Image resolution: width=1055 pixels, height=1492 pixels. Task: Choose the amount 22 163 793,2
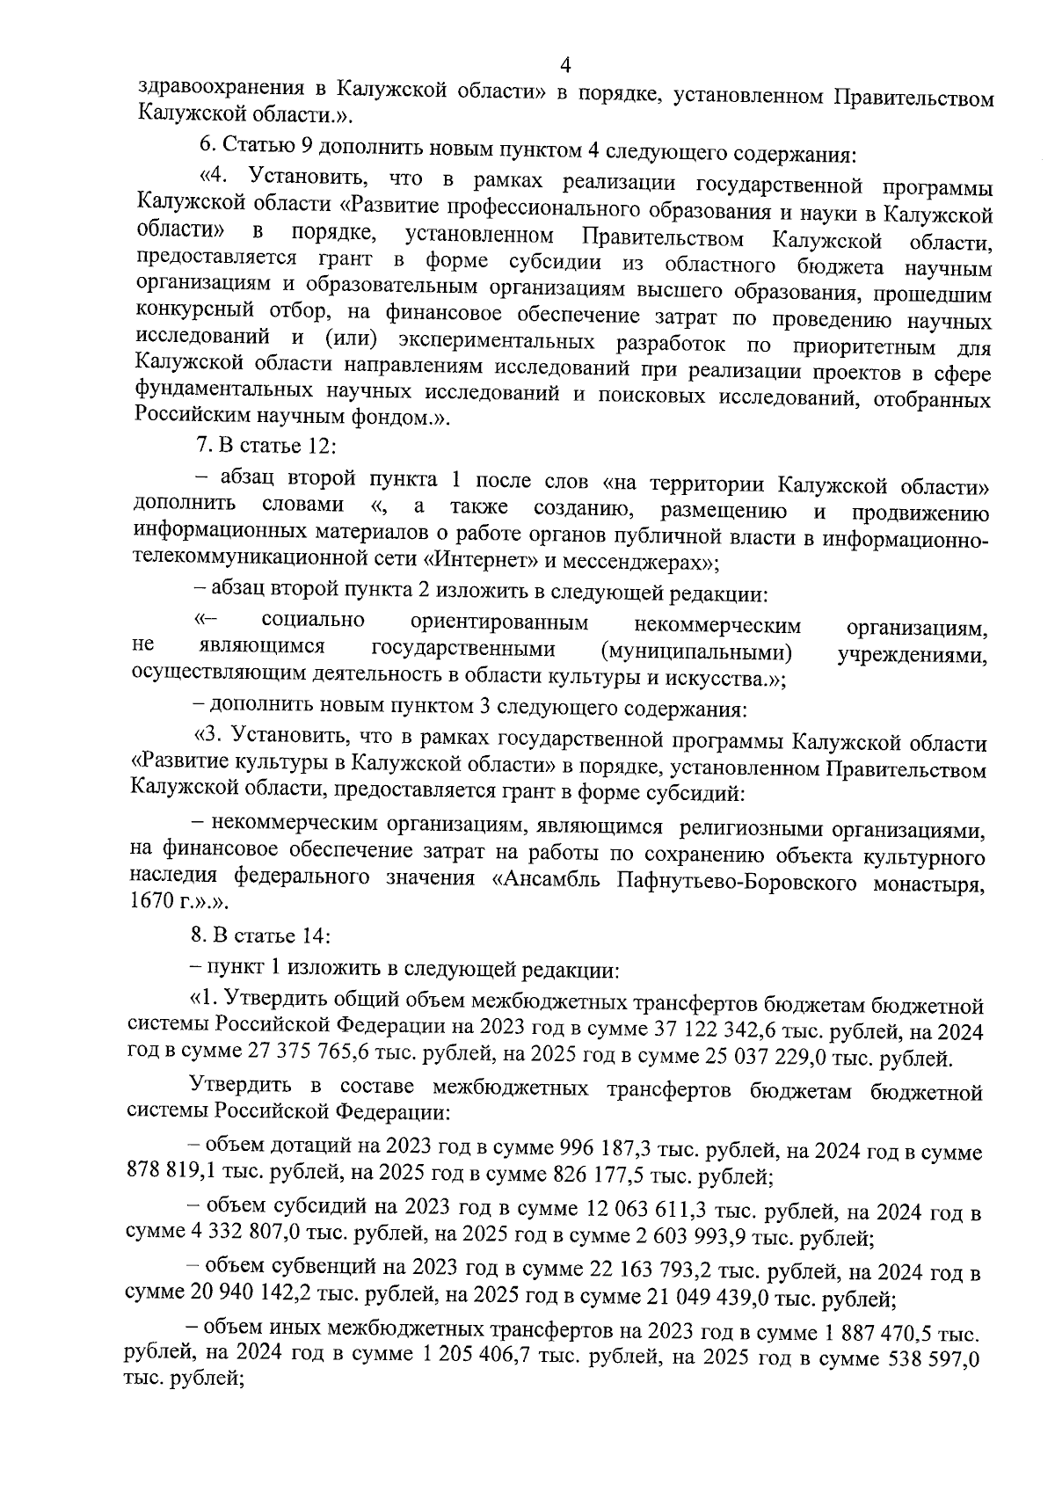[x=650, y=1272]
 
